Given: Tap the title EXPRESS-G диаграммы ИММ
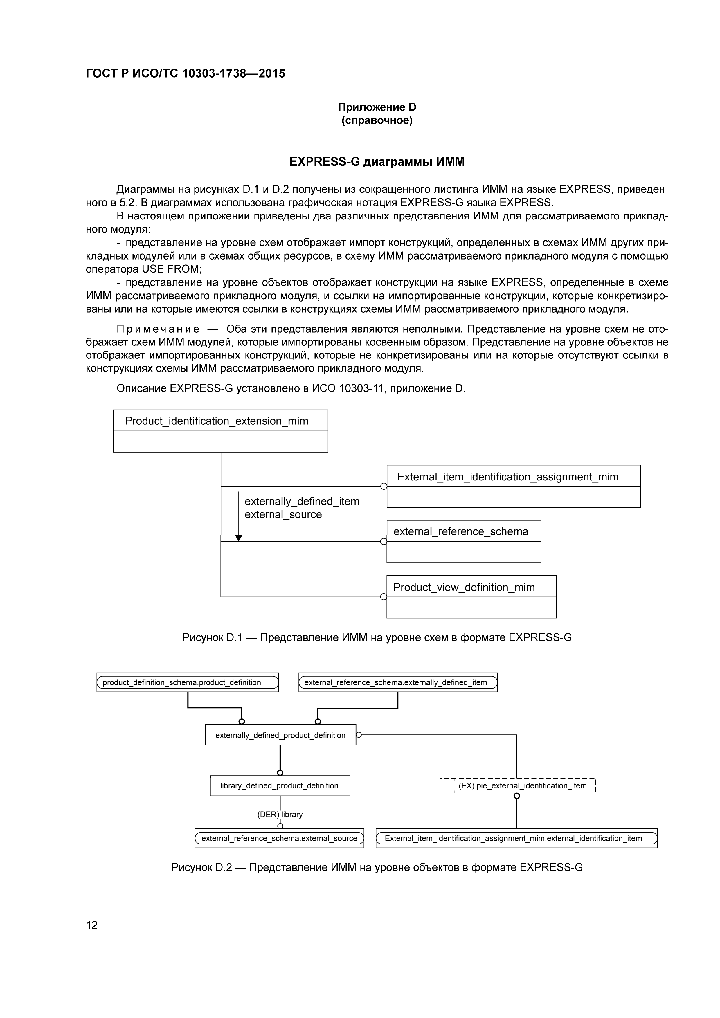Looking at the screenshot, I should click(377, 162).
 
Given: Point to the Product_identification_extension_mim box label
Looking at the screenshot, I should click(216, 421).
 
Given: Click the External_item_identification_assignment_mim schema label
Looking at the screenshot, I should click(508, 477).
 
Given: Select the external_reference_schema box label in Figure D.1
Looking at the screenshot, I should click(461, 531).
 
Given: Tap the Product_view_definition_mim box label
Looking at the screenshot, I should click(464, 588).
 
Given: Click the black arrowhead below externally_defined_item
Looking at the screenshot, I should click(239, 538).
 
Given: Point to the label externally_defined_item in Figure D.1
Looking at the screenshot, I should click(302, 502).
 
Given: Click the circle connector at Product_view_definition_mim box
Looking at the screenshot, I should click(384, 597).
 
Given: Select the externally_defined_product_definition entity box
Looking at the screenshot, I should click(280, 735).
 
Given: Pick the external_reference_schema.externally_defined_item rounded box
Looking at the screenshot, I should click(398, 682).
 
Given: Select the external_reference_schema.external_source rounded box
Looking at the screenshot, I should click(279, 838).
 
